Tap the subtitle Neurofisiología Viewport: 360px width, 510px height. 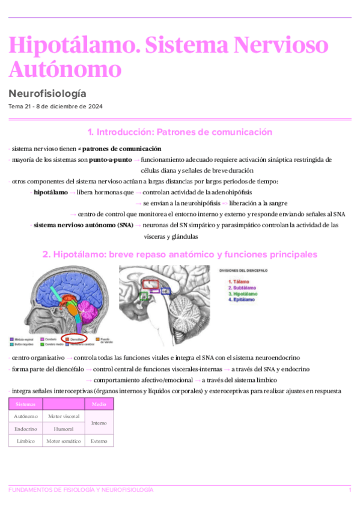(47, 93)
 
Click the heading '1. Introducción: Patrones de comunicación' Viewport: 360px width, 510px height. (180, 132)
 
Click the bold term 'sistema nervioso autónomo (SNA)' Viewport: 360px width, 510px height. (84, 225)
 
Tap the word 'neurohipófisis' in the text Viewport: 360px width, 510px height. (183, 203)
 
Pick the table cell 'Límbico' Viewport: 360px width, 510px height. (26, 441)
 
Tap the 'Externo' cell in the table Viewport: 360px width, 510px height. (99, 441)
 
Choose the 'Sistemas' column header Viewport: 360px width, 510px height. (26, 404)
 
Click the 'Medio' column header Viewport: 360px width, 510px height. (99, 404)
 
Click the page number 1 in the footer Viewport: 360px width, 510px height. (350, 490)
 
